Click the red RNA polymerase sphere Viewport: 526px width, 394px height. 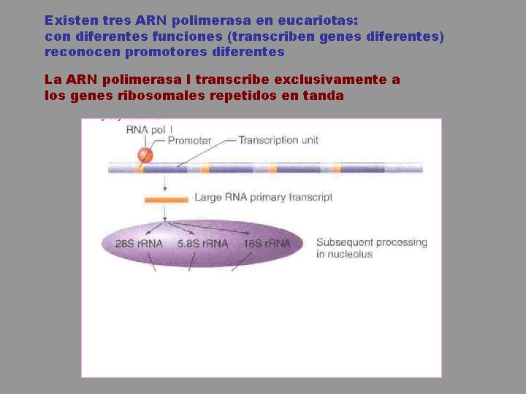point(145,155)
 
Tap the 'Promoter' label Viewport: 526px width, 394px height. point(189,141)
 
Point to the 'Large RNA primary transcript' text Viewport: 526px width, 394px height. point(263,197)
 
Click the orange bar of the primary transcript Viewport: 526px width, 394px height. point(167,198)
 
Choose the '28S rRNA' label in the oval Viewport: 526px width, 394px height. point(139,244)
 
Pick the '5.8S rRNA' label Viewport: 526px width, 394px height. point(202,244)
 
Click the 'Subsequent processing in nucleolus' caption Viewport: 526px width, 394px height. point(371,248)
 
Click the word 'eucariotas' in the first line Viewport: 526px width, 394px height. point(321,20)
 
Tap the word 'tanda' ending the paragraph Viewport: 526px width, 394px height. point(321,95)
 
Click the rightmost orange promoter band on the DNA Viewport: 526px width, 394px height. point(337,169)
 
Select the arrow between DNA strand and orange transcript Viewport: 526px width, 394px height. point(166,185)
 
